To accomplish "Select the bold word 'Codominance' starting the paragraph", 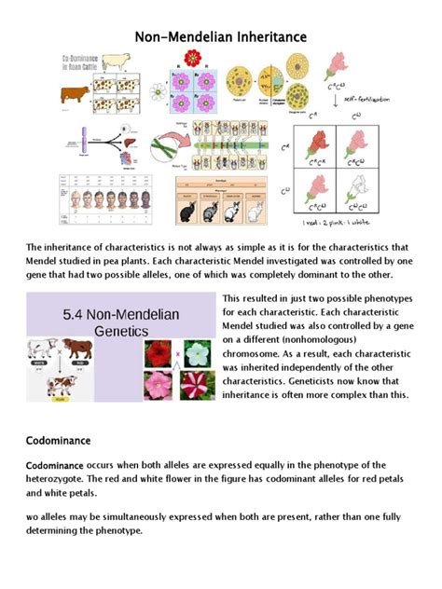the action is pos(54,464).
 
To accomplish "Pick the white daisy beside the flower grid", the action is pos(158,92).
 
